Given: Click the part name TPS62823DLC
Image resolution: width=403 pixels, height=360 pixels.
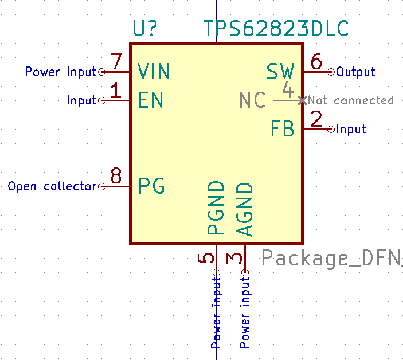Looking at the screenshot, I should point(275,29).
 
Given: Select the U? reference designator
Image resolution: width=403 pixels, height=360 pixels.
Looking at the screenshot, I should point(145,29).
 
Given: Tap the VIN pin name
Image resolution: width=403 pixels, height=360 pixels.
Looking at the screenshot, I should point(154,72).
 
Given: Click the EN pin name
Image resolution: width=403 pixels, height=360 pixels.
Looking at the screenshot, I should point(151,100).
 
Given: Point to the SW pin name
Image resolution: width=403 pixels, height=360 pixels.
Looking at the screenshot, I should point(280,72).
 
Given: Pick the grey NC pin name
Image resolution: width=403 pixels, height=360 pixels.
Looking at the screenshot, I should point(252,100).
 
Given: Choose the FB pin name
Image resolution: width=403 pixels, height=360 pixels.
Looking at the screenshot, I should point(283,129).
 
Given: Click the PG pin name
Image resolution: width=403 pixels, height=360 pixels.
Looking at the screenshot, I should point(152,186).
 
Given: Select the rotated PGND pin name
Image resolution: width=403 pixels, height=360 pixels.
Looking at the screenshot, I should point(216,208).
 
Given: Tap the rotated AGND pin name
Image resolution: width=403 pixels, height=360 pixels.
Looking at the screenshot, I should point(245,209).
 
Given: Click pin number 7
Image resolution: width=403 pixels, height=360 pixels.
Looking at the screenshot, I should point(116,62).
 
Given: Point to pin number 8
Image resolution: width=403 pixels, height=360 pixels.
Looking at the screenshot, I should point(116,176).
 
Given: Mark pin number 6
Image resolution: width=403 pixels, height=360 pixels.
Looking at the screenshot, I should point(316,61).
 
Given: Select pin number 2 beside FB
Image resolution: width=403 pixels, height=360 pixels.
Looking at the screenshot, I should point(316,119).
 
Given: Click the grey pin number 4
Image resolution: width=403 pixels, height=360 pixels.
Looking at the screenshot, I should point(288,91).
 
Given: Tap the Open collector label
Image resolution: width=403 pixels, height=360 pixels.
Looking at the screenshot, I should point(52,186).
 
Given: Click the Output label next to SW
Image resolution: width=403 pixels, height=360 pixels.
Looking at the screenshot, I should point(355,72).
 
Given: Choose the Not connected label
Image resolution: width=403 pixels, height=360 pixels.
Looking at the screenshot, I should point(351,100).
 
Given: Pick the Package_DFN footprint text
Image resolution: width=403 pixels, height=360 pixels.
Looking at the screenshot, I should point(331,259).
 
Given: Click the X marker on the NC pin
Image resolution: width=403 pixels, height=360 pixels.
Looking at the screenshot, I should point(302,100).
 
